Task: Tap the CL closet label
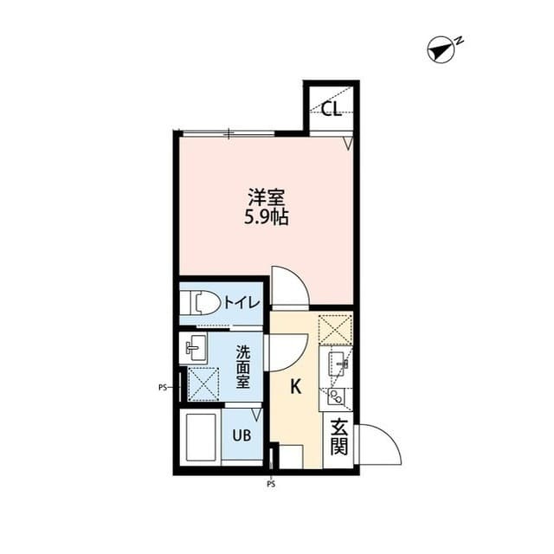click(331, 109)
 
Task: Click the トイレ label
click(241, 302)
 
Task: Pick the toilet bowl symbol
click(201, 303)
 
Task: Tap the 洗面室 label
click(244, 368)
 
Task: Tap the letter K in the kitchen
click(295, 387)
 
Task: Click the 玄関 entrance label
click(338, 440)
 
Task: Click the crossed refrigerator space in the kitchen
click(336, 329)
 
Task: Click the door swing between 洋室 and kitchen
click(288, 285)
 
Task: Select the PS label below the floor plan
click(271, 485)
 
